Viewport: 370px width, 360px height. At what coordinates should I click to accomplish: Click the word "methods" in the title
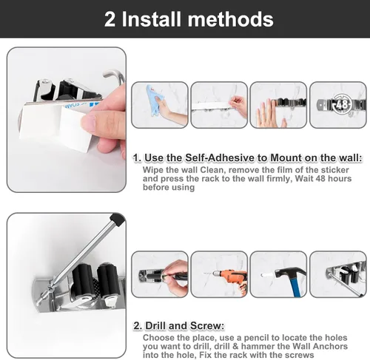coord(230,19)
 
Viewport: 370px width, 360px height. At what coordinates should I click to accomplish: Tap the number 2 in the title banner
coord(110,19)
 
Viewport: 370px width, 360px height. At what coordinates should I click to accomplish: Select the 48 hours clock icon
coord(342,105)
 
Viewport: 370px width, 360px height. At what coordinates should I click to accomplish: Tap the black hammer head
coord(290,273)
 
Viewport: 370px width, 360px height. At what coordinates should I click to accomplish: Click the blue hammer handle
coord(295,286)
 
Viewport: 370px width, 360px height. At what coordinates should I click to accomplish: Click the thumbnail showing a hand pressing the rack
coord(278,105)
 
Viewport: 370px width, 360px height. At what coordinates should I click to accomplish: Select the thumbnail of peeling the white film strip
coord(219,105)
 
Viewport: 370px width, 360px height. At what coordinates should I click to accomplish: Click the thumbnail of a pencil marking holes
coord(160,274)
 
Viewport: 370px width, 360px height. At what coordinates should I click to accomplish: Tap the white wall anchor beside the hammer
coord(267,274)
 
